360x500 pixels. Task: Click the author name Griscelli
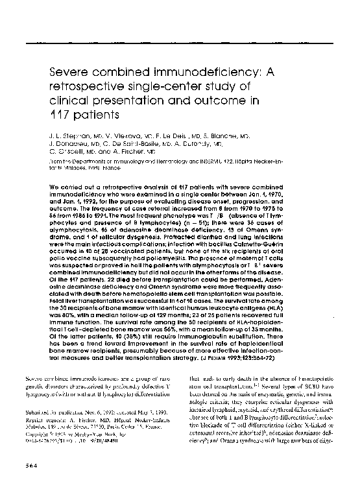click(75, 155)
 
